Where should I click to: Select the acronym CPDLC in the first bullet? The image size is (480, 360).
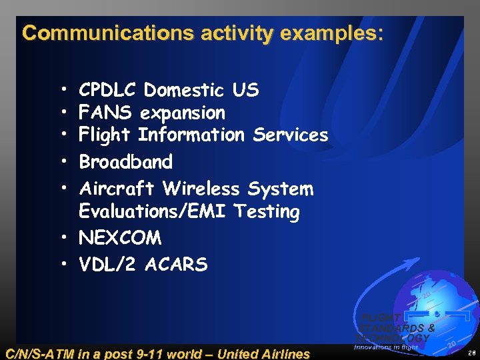(x=107, y=90)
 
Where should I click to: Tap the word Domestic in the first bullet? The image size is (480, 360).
(x=185, y=90)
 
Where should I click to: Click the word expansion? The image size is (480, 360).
(x=182, y=113)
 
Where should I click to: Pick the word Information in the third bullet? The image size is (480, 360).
(x=191, y=135)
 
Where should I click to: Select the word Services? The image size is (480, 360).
(x=291, y=135)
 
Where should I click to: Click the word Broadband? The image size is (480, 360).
(x=126, y=162)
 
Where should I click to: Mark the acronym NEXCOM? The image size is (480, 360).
(x=120, y=238)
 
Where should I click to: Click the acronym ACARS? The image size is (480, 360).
(x=176, y=265)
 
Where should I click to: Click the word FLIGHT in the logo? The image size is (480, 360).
(x=381, y=318)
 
